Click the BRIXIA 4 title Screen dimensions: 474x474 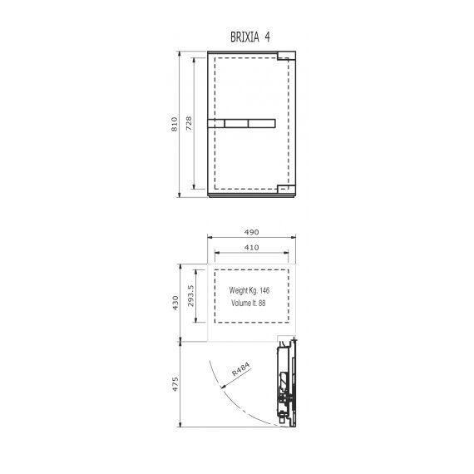250,37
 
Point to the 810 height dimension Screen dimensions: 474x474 175,124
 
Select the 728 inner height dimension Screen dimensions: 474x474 189,123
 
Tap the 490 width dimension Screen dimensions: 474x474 251,232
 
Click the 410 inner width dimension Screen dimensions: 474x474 251,247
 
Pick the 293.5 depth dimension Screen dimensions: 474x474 190,296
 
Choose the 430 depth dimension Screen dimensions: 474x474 175,303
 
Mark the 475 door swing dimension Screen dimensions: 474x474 175,384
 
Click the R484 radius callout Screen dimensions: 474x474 241,369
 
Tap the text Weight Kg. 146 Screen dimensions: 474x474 249,290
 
